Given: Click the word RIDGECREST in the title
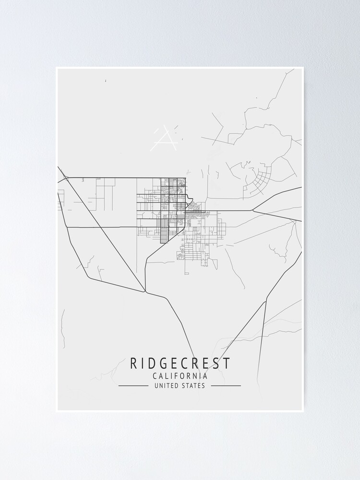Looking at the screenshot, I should pyautogui.click(x=180, y=363).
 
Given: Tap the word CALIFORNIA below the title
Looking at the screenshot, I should pyautogui.click(x=180, y=376).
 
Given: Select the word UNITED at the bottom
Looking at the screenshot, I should pyautogui.click(x=165, y=385).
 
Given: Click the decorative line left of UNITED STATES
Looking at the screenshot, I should pyautogui.click(x=133, y=385).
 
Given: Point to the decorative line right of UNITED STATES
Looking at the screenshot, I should pyautogui.click(x=226, y=385).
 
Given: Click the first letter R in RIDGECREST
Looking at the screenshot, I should pyautogui.click(x=133, y=363).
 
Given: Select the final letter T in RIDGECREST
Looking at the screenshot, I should pyautogui.click(x=227, y=363).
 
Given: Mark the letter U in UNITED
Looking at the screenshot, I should pyautogui.click(x=156, y=385).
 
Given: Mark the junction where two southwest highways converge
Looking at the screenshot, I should pyautogui.click(x=145, y=291).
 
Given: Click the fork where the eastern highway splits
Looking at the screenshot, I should pyautogui.click(x=253, y=210).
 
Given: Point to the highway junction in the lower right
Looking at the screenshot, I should pyautogui.click(x=266, y=301).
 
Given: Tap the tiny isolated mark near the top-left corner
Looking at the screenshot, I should pyautogui.click(x=105, y=81).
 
